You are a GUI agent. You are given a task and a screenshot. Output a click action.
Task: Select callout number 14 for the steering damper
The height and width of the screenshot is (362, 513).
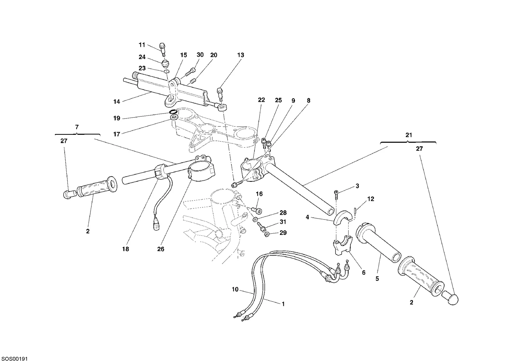117,101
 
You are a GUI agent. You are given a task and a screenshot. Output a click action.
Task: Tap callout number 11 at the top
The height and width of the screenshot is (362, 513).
142,45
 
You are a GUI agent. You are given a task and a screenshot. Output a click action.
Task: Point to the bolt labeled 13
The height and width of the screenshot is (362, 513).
220,94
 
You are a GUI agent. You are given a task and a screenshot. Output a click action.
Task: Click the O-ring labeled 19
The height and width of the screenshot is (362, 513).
173,112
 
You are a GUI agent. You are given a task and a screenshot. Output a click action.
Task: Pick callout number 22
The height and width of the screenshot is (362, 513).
261,100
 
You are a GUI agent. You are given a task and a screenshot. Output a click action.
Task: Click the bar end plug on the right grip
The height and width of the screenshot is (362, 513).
450,298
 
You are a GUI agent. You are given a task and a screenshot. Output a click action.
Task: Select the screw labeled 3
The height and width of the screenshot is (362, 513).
336,195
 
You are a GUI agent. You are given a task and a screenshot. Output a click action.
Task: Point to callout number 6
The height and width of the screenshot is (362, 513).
364,272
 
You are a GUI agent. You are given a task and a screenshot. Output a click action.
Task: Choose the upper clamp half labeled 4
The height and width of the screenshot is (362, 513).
343,218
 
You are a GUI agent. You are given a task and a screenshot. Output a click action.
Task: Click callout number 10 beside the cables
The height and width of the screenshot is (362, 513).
235,289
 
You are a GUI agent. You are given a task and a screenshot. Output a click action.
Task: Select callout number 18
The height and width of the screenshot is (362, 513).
125,249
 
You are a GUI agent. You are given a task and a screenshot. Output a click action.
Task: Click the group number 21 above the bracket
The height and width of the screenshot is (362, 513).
409,135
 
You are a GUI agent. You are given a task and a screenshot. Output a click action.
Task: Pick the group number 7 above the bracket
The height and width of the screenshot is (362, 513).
77,127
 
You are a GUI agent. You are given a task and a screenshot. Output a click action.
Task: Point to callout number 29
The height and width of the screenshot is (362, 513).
283,233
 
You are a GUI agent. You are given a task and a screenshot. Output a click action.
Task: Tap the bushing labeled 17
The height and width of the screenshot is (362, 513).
174,118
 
